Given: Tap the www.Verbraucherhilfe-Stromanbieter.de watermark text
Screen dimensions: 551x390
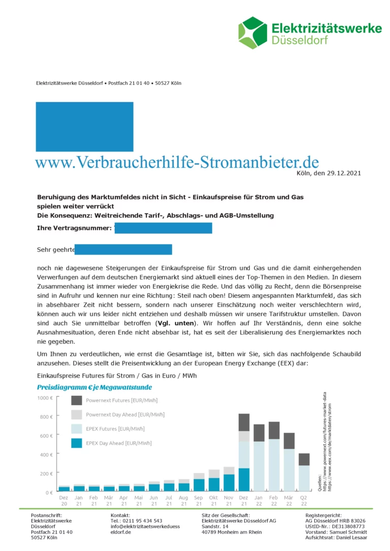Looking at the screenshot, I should point(177,162).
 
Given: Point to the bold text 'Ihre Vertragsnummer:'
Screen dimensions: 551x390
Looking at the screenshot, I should point(75,229).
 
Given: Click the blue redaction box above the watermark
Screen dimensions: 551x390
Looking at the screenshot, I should point(84,127).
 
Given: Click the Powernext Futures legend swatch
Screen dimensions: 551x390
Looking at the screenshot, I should point(76,400).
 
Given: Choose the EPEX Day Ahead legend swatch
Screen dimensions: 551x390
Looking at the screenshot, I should point(76,443).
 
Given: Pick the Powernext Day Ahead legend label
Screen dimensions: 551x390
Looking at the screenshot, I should point(125,415).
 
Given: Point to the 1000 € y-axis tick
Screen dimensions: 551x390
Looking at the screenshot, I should point(45,398).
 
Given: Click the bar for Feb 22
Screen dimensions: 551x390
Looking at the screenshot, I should point(274,457).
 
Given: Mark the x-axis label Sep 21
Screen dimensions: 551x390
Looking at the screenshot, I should point(199,501).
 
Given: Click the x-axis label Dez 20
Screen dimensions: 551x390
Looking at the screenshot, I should point(64,501).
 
